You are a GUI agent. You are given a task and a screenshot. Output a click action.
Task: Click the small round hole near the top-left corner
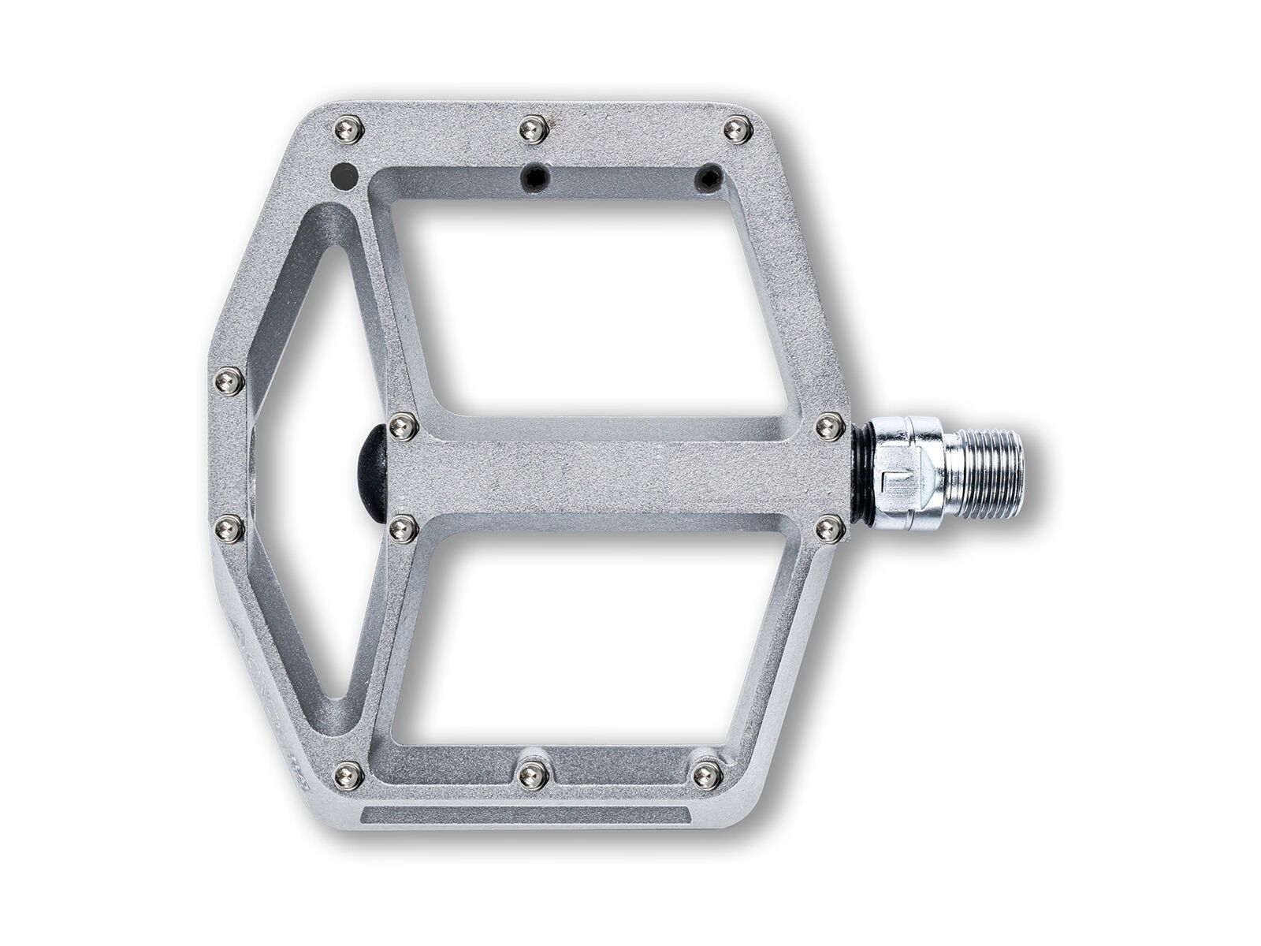click(344, 174)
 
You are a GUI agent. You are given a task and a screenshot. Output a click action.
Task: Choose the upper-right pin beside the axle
click(828, 426)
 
